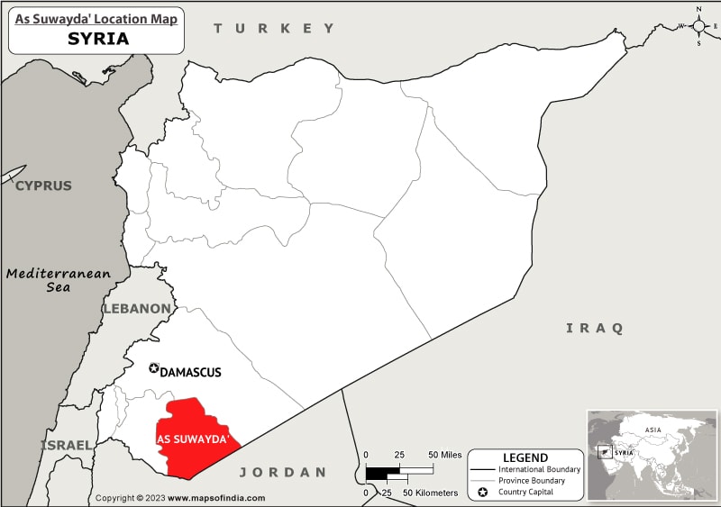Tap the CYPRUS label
point(42,186)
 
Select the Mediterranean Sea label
point(58,280)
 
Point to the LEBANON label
point(136,309)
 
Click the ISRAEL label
point(65,445)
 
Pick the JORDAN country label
point(281,472)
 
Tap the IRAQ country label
point(594,328)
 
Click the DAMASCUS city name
point(190,372)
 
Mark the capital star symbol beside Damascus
point(153,368)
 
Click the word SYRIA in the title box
point(97,39)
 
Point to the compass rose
point(699,25)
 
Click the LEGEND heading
point(525,457)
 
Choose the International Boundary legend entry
point(539,469)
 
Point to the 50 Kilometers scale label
point(432,493)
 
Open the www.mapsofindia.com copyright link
point(216,498)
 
